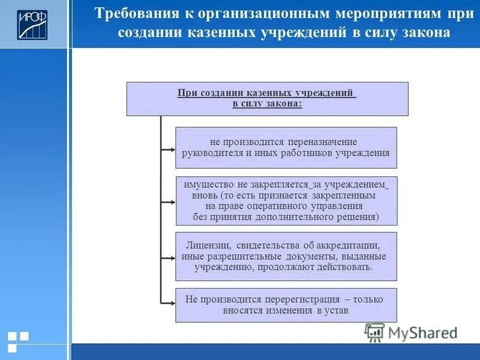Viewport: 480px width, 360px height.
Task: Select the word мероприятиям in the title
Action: point(344,14)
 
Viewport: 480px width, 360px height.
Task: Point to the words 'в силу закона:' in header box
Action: point(267,104)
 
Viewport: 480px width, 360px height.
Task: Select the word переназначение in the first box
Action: point(322,142)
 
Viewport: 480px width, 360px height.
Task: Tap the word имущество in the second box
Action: point(208,185)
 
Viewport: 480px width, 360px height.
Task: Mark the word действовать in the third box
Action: point(344,267)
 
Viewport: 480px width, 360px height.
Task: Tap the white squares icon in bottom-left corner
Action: point(18,341)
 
